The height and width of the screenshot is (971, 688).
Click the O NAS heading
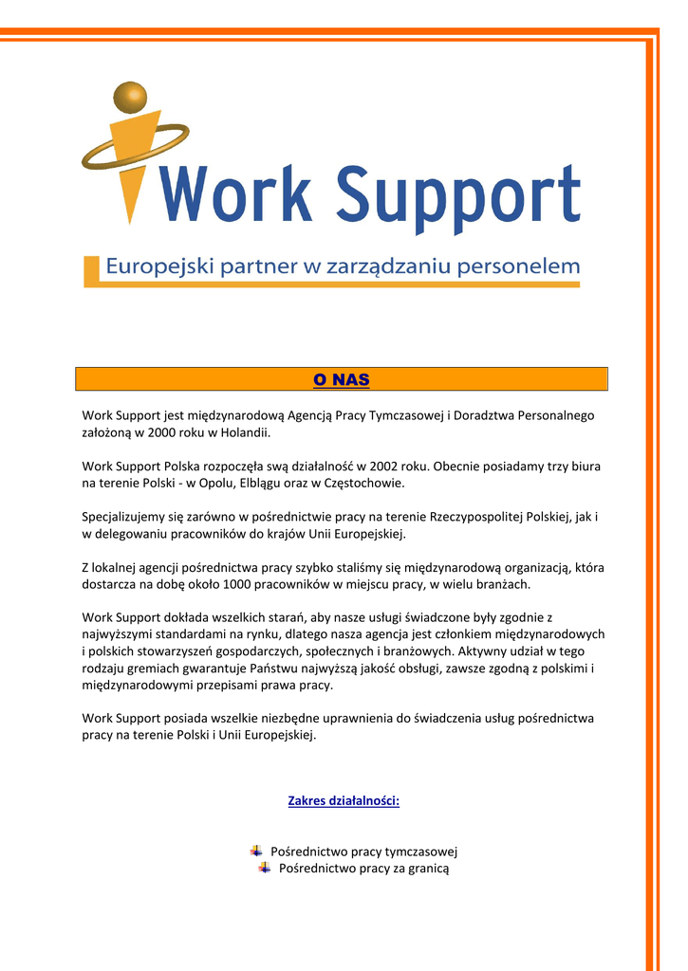pyautogui.click(x=342, y=380)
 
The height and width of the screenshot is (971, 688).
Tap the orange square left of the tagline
pyautogui.click(x=91, y=270)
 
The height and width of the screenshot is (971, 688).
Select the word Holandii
pyautogui.click(x=246, y=432)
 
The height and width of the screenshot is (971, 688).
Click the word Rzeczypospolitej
pyautogui.click(x=483, y=517)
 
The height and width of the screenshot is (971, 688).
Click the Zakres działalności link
pyautogui.click(x=344, y=801)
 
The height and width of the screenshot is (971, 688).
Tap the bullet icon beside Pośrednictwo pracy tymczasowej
pyautogui.click(x=256, y=851)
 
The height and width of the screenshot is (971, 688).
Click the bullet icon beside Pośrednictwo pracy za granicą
pyautogui.click(x=265, y=868)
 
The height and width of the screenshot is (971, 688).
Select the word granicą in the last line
pyautogui.click(x=427, y=869)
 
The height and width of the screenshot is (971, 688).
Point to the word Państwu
pyautogui.click(x=355, y=669)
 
